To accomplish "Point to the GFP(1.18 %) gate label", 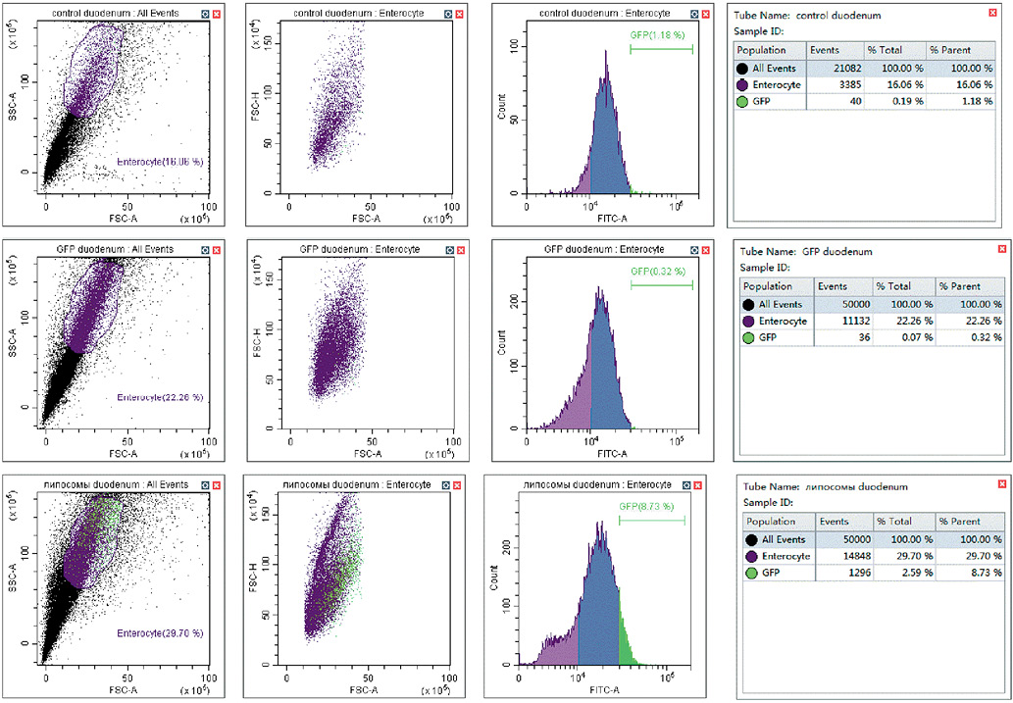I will [x=661, y=36].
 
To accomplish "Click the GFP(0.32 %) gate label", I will [x=658, y=272].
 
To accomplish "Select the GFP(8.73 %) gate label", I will [x=645, y=506].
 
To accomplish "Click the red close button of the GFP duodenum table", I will [x=1001, y=249].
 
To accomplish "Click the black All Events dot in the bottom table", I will [x=751, y=539].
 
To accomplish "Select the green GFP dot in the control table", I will [x=742, y=102].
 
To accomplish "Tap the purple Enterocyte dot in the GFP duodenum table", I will [x=749, y=321].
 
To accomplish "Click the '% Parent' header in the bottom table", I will [x=959, y=522].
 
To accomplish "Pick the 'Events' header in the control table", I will [x=827, y=50].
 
